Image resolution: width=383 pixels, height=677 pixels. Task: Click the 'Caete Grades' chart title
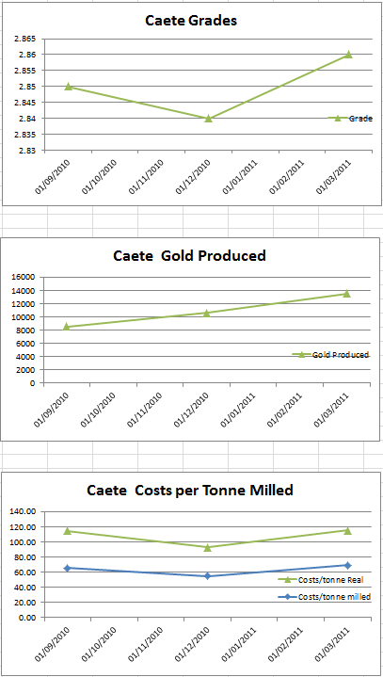point(190,20)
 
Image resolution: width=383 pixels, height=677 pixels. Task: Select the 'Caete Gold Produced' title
point(189,255)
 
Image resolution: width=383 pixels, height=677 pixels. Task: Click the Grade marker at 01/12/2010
point(208,119)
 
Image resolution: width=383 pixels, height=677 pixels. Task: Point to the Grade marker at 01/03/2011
point(348,55)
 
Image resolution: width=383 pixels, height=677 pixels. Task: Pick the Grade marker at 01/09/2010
point(68,87)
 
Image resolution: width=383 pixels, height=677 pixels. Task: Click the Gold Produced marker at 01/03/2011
point(347,294)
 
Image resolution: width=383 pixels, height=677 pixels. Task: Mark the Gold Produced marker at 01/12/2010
point(208,313)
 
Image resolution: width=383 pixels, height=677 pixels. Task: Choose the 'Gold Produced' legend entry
point(341,355)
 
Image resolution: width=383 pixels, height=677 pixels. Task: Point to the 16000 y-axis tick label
point(22,277)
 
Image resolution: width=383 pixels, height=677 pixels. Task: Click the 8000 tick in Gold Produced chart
point(24,330)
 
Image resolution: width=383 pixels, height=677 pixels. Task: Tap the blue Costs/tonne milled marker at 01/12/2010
point(208,576)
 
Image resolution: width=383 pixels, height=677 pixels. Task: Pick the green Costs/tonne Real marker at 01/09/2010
point(68,531)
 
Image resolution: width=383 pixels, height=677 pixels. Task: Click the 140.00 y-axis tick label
point(22,511)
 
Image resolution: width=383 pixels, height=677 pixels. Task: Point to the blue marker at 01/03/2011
point(347,565)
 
